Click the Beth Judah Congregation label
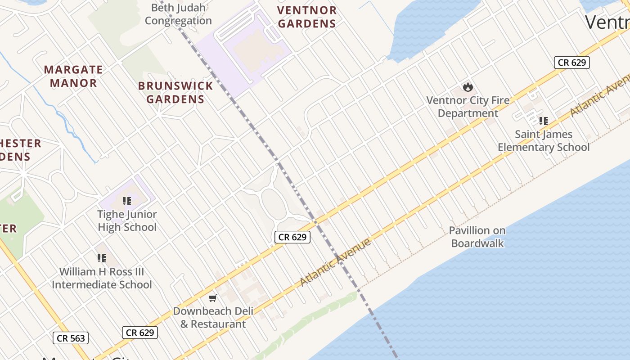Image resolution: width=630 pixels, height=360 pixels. (x=178, y=14)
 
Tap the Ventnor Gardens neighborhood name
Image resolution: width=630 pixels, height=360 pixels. (x=307, y=17)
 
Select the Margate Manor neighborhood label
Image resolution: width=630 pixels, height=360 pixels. (x=73, y=76)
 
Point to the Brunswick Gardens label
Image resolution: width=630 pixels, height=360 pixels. (x=175, y=92)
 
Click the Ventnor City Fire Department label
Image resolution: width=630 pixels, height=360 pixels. (x=468, y=107)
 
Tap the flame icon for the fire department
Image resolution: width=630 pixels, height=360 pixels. (x=468, y=86)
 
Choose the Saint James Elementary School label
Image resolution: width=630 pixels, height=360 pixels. (x=544, y=140)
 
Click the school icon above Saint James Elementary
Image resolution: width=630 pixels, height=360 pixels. (x=544, y=121)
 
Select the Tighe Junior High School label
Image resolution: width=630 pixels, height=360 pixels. (x=127, y=220)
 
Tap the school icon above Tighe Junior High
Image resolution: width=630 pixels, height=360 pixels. (x=127, y=201)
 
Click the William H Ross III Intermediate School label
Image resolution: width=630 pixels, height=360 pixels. (x=102, y=278)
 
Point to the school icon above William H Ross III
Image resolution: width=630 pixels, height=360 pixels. (x=102, y=258)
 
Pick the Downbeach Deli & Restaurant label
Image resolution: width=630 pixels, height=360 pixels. (x=213, y=317)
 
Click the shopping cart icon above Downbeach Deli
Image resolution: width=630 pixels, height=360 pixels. (x=213, y=298)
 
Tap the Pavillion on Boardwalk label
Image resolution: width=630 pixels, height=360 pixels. (x=477, y=237)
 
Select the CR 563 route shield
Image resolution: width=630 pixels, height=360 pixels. (x=71, y=338)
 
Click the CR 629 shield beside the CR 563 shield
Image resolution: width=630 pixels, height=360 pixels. (x=140, y=333)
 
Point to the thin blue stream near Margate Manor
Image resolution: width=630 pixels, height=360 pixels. (x=67, y=121)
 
